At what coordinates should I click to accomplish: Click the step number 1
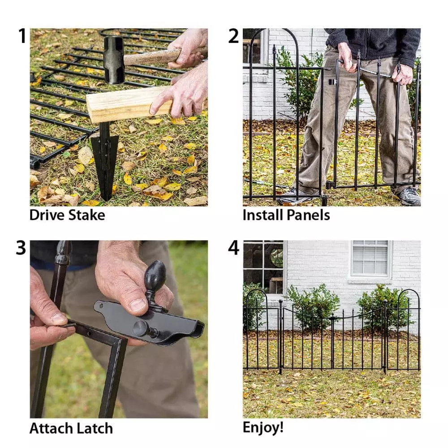click(22, 36)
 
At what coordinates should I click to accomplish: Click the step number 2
click(233, 36)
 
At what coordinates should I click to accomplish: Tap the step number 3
click(21, 248)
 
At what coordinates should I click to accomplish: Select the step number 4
click(233, 248)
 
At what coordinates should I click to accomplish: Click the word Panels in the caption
click(308, 215)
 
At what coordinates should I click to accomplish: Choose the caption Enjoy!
click(263, 427)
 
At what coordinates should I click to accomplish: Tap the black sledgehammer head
click(114, 60)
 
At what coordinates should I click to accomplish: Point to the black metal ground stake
click(105, 161)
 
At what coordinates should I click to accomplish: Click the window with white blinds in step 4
click(370, 258)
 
